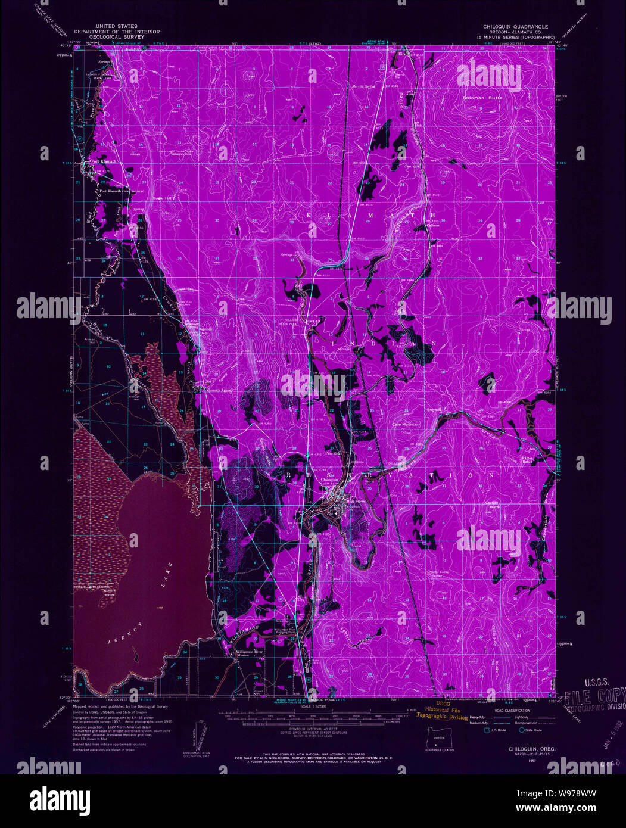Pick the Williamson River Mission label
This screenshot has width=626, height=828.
coord(249,654)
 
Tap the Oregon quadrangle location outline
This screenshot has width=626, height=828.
coord(440,738)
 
